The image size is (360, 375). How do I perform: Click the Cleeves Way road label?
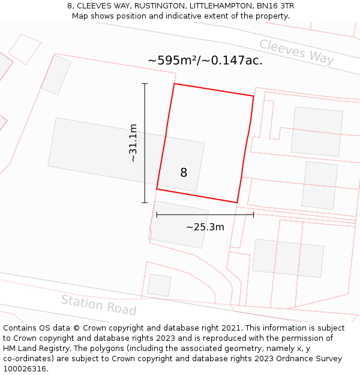pos(296,52)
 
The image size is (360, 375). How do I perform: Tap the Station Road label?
pos(98,305)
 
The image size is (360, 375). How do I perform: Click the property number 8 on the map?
pos(184,173)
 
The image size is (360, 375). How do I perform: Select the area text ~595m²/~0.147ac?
pos(205,61)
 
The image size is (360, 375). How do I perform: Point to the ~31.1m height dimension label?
pos(133,143)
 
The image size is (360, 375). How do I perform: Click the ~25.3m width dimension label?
pos(205,227)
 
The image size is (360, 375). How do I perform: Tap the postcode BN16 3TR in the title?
pos(274,6)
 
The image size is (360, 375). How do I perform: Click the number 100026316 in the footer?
pos(25,369)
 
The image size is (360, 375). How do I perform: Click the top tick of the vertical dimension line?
pos(145,83)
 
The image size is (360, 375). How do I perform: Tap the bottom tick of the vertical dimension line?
pos(145,203)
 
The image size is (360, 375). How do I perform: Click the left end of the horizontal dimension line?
pos(157,214)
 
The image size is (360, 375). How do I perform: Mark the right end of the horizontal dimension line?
pos(253,214)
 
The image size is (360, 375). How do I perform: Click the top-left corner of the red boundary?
pos(174,84)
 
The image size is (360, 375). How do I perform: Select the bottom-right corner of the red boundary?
pos(237,202)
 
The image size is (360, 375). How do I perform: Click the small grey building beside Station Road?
pos(159,285)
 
